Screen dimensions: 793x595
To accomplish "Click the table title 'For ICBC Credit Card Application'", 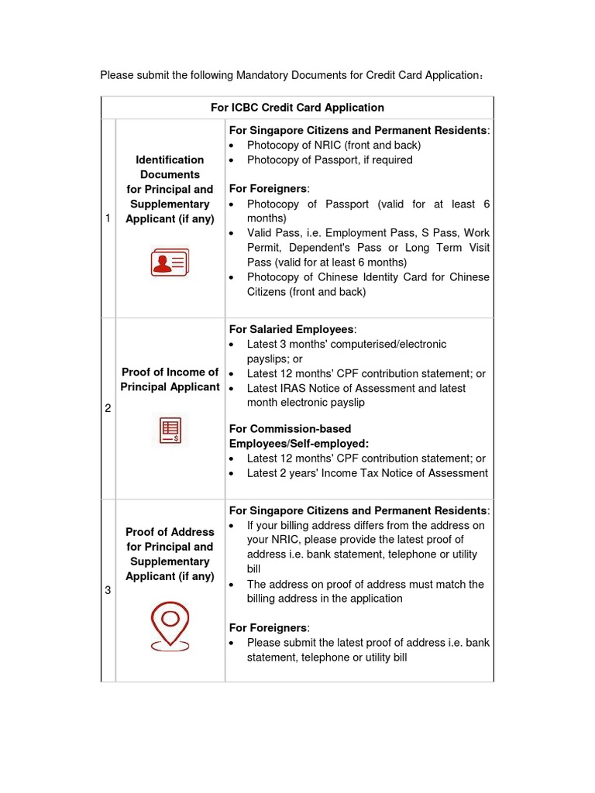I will (x=297, y=108).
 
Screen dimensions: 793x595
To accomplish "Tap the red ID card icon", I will (x=170, y=263).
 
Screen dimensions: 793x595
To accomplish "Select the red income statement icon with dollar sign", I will (x=170, y=431).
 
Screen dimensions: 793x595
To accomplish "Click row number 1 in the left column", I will (x=107, y=218).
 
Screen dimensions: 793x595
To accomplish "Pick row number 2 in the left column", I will (x=107, y=408).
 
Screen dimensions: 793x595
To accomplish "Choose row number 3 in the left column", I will (x=107, y=591).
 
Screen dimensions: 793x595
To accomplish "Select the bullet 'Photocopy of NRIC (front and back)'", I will (x=333, y=145).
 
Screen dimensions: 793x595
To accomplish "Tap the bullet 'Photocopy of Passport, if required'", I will (x=329, y=160).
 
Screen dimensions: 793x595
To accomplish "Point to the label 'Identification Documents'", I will (x=170, y=166).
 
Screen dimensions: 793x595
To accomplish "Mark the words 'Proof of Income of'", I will (x=170, y=372).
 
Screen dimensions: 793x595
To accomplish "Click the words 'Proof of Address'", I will (x=170, y=532).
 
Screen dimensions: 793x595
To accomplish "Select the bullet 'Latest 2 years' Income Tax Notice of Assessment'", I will (x=367, y=472).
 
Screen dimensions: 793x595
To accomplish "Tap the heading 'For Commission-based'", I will (x=290, y=428).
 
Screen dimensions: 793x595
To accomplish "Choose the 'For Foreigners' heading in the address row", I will (x=268, y=627).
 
